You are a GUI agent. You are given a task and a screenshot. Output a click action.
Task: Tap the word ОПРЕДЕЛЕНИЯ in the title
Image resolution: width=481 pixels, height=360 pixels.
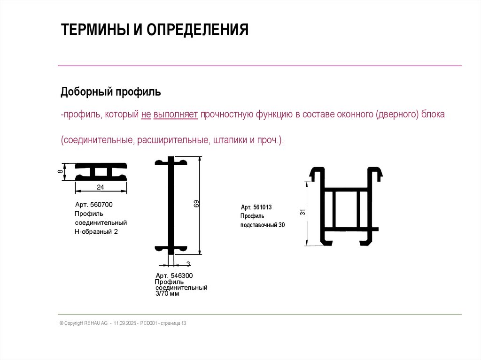[198, 30]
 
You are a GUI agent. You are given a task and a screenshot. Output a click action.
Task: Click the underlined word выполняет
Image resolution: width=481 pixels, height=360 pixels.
[176, 115]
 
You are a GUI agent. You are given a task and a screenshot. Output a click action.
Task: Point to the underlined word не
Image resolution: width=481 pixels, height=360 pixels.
[146, 115]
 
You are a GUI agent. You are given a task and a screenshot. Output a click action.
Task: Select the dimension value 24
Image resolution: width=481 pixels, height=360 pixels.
[101, 187]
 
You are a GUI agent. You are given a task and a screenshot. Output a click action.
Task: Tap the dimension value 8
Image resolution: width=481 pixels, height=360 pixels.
[60, 171]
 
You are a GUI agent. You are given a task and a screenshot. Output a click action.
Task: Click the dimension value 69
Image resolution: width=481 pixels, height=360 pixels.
[196, 204]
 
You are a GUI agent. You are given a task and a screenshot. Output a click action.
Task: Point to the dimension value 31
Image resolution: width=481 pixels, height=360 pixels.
[303, 212]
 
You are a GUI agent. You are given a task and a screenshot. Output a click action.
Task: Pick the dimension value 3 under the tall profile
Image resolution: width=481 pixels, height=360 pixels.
[188, 264]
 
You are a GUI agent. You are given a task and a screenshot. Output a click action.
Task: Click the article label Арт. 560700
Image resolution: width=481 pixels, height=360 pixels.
[94, 205]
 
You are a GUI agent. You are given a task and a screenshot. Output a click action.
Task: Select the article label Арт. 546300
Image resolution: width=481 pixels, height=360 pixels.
[174, 276]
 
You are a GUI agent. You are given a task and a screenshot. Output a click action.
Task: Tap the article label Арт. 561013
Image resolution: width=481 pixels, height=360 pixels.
[256, 207]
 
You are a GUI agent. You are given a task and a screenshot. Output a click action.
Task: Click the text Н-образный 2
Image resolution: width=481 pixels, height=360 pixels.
[96, 232]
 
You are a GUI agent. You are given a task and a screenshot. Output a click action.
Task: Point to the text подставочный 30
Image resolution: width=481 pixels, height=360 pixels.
[263, 225]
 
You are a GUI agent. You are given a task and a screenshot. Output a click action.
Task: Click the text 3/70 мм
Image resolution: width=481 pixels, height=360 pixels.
[167, 293]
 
